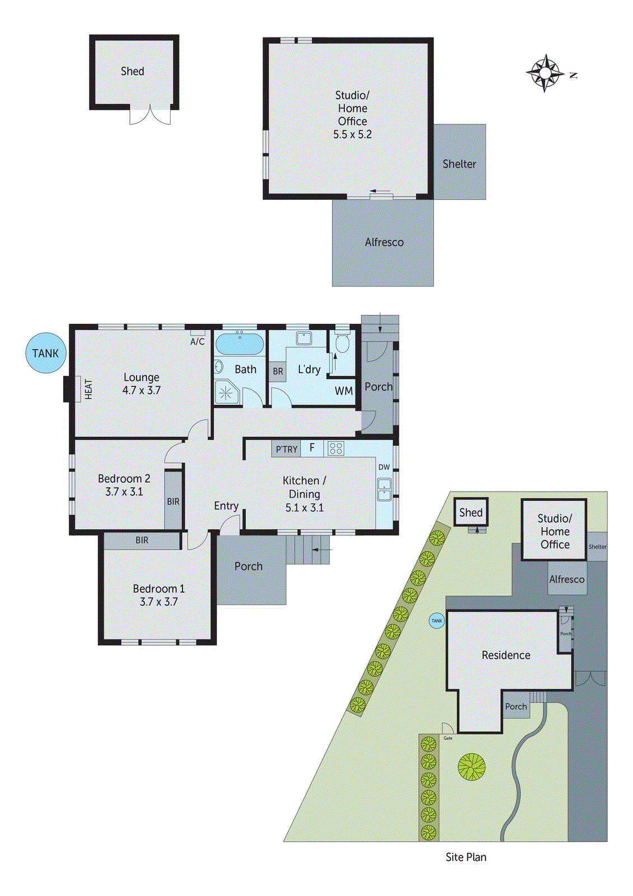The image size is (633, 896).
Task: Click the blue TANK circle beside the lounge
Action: point(46,353)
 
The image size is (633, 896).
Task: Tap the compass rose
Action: point(545,73)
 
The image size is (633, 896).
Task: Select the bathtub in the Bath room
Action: point(240,344)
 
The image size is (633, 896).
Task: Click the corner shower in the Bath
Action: point(226,392)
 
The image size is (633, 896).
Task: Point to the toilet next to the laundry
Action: point(341,343)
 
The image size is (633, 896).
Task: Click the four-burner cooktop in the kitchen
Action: point(336,448)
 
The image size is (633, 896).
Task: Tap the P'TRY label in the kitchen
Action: point(286,449)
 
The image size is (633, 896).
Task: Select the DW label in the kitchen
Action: point(384,467)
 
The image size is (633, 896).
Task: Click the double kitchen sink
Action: point(384,489)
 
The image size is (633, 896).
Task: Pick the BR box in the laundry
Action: point(278,371)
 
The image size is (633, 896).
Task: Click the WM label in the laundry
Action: point(344,391)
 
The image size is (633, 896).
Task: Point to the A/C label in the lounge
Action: point(198,341)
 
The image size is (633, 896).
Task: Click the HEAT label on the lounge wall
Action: point(88,389)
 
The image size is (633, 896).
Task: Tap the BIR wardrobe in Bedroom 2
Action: point(174,501)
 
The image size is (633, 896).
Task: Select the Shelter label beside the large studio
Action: point(459,164)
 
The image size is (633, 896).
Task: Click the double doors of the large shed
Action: point(150,115)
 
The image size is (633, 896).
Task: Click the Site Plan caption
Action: point(466,857)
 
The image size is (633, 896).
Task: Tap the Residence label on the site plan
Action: point(506,655)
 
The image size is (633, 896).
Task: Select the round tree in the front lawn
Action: point(471,767)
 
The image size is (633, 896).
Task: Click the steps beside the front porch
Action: point(308,550)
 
